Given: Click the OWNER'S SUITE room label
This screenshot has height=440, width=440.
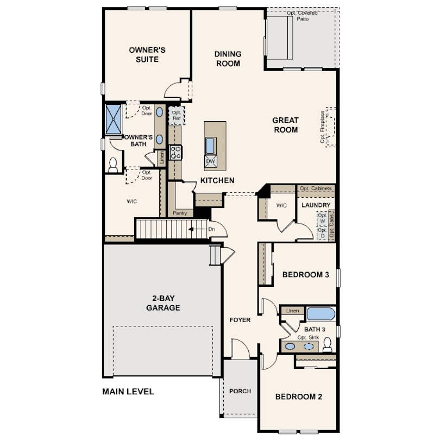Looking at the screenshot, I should (x=147, y=54).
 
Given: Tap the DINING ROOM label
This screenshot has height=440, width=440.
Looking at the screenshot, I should (x=228, y=59).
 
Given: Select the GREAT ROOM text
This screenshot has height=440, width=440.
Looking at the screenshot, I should (x=285, y=125).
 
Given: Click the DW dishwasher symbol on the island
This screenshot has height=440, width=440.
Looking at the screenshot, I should (x=211, y=161).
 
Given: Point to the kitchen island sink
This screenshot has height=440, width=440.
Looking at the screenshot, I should (x=211, y=146).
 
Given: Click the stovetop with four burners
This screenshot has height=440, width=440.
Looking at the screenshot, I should (x=175, y=152).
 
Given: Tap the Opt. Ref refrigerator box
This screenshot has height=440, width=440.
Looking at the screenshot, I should (x=176, y=115).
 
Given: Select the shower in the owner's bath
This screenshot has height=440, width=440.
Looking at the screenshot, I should (x=114, y=118).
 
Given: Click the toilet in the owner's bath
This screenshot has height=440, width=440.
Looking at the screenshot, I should (x=113, y=165).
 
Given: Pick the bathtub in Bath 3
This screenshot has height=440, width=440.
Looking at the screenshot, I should (x=321, y=314).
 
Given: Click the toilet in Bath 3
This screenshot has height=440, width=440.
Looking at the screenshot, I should (x=327, y=344).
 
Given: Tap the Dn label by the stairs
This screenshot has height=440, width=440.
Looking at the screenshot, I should (x=212, y=229).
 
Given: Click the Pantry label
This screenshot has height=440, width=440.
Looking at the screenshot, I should (x=179, y=213).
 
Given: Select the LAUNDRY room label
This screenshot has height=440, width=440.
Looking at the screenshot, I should (x=316, y=205).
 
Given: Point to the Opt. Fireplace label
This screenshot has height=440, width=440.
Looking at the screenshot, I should (x=323, y=128).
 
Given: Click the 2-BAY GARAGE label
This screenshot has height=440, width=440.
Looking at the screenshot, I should (x=163, y=303).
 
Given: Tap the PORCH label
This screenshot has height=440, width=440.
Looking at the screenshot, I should (x=240, y=391).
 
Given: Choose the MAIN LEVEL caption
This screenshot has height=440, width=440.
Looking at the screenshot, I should (x=128, y=391).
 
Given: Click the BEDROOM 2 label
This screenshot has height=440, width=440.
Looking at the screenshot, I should (x=299, y=397).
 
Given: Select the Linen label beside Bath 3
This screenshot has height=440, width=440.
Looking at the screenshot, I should (x=293, y=311).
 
